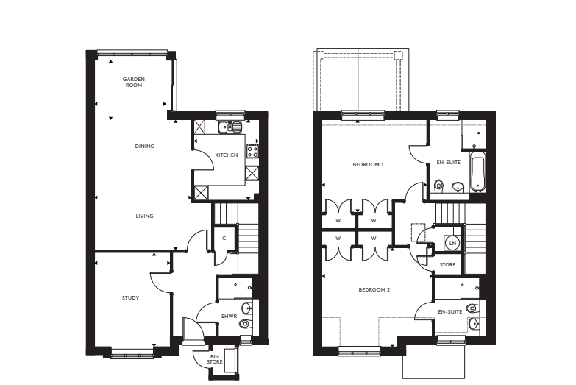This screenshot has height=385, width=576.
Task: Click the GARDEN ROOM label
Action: point(132,82)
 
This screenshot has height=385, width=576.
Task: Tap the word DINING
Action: point(144,146)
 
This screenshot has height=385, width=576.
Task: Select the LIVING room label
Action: point(144,216)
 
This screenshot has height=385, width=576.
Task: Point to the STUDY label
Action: point(130,297)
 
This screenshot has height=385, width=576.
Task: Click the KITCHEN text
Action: point(226,155)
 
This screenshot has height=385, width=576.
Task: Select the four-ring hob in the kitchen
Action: point(252,152)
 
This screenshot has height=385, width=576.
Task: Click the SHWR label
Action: point(229,317)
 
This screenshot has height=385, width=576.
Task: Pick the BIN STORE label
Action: point(215,358)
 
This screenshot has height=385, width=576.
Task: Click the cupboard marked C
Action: point(224,237)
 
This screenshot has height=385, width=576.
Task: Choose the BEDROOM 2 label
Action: point(374,289)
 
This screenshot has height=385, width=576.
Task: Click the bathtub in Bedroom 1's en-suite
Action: point(477,174)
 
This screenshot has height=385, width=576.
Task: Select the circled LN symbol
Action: point(453,243)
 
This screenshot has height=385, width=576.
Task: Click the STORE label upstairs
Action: point(447,264)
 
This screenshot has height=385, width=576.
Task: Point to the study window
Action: point(132,354)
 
